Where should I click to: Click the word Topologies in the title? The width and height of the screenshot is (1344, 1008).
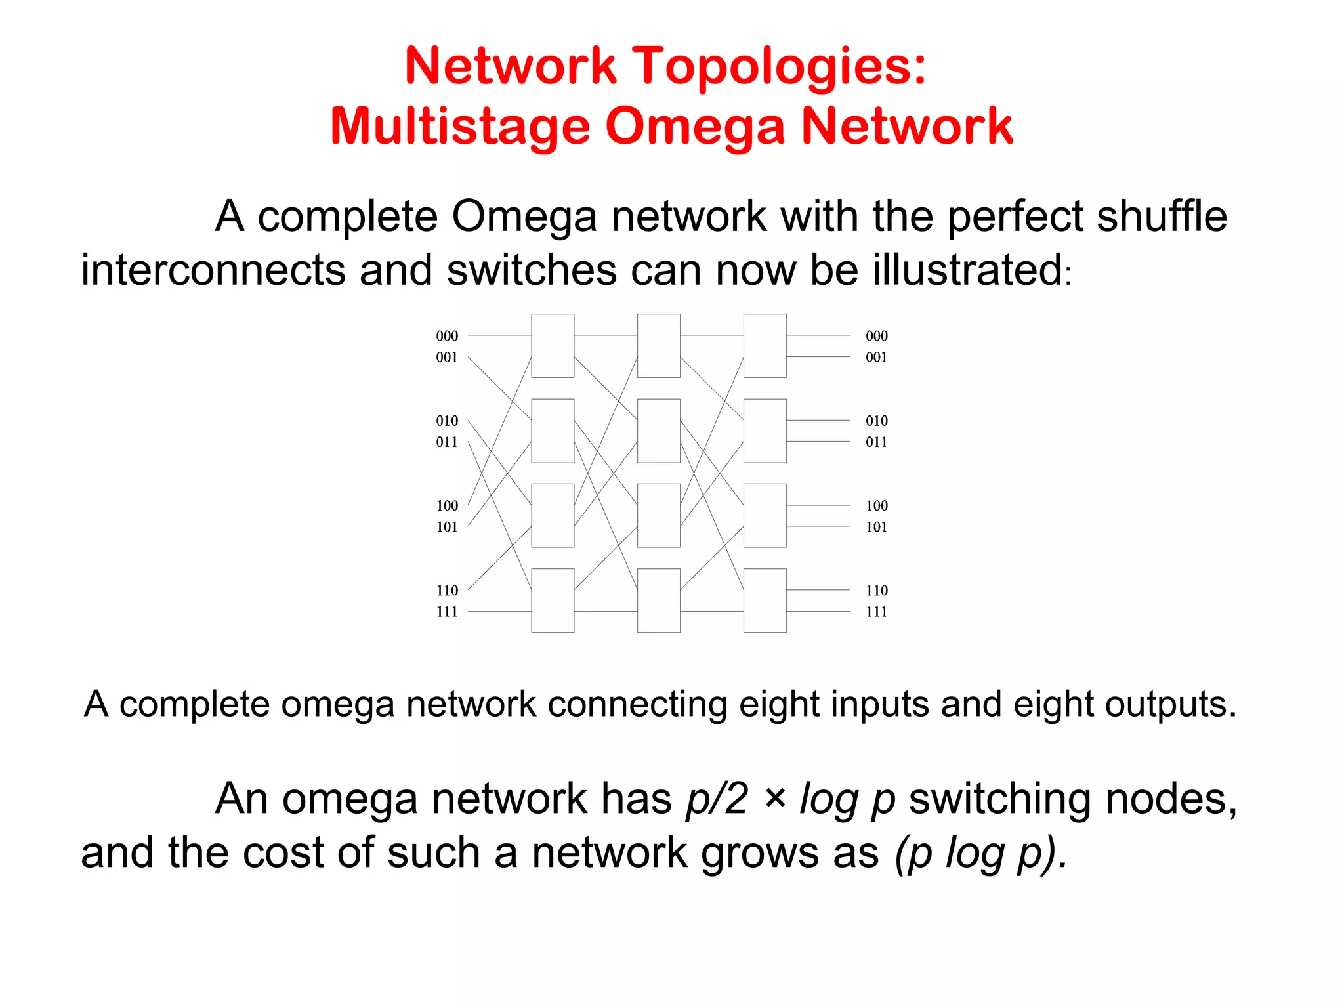pos(782,67)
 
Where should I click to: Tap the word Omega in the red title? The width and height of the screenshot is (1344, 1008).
pos(695,126)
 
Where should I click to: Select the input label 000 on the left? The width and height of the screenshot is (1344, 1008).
pos(447,336)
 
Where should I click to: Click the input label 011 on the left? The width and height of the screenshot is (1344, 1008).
pos(447,442)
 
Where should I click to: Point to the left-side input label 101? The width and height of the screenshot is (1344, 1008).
pos(447,527)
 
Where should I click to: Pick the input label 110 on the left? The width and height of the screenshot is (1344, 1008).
pos(447,591)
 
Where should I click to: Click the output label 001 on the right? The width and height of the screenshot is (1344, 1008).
pos(876,358)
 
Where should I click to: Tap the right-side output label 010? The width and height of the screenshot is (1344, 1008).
pos(876,421)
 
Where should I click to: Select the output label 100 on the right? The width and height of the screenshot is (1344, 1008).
pos(876,506)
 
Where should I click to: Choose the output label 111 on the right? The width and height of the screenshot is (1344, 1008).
pos(876,612)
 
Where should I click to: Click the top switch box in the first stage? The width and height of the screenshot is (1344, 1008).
pos(553,346)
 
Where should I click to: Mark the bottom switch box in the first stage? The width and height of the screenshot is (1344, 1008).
pos(553,600)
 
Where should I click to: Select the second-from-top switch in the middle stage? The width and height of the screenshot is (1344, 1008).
pos(658,430)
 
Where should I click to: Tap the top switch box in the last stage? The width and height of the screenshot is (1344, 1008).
pos(765,346)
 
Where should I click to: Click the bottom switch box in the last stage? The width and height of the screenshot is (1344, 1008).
pos(765,600)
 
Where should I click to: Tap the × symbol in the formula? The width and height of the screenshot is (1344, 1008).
pos(775,799)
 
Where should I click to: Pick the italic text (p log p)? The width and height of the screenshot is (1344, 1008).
pos(981,852)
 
